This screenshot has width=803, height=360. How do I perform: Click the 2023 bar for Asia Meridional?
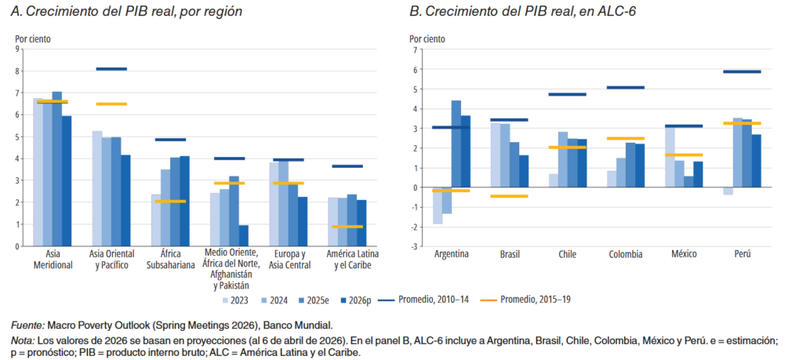[38, 172]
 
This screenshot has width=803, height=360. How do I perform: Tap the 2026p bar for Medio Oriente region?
[244, 235]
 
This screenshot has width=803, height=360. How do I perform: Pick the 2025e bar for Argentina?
[456, 144]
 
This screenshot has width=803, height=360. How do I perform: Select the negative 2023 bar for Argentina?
[437, 205]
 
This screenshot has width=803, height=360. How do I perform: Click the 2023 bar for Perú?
[728, 191]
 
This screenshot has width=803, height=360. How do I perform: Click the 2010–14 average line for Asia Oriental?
[111, 69]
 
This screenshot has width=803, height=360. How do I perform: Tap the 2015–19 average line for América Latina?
[347, 227]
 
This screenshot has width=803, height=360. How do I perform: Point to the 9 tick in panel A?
[17, 49]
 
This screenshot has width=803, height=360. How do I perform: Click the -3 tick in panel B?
[412, 246]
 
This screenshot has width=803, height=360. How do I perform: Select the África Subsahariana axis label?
[170, 258]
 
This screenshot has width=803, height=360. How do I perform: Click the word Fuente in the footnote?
[27, 325]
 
